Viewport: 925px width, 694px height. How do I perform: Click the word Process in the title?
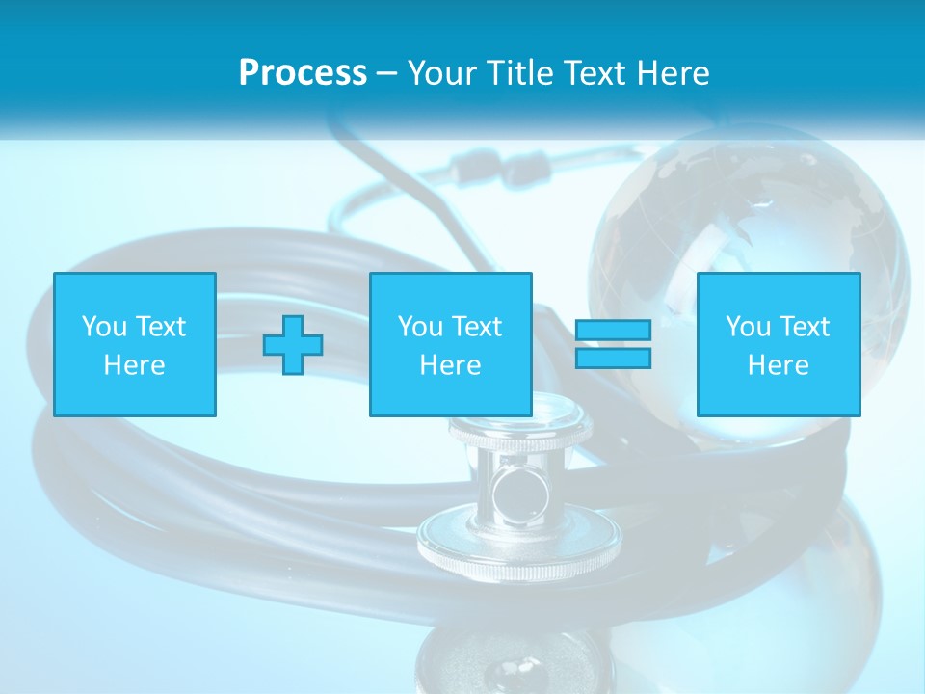[303, 73]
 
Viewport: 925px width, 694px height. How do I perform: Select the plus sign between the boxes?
[293, 344]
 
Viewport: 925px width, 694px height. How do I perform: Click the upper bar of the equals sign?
[613, 331]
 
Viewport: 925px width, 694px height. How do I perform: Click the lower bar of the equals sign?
[613, 358]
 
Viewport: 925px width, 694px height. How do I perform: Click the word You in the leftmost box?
[103, 327]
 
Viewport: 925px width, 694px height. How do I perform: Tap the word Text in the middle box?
[476, 327]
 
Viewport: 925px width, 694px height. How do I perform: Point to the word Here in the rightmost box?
[778, 365]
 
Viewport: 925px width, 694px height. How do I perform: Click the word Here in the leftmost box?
[135, 365]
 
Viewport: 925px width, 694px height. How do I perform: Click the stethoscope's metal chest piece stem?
[519, 487]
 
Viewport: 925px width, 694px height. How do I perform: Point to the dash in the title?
[386, 73]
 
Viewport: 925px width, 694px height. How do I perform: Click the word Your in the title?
[444, 73]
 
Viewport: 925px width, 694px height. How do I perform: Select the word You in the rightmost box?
[747, 327]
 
